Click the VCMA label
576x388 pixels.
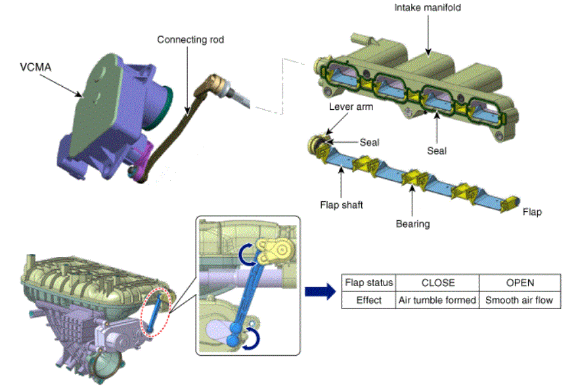tap(35, 67)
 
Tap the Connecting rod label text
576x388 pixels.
tap(190, 39)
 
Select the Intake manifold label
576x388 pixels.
tap(428, 8)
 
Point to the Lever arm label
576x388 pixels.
tap(351, 107)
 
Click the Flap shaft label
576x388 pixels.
tap(342, 205)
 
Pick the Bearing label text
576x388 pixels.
tap(412, 224)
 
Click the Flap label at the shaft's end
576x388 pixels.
tap(532, 212)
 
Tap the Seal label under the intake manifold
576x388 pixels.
tap(437, 151)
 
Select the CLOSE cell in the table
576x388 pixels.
tap(437, 282)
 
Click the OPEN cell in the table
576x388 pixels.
tap(520, 282)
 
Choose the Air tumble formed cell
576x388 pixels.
tap(437, 300)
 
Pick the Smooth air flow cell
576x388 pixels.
tap(520, 300)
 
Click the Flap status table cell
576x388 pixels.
tap(369, 282)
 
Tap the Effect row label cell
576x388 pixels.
tap(369, 300)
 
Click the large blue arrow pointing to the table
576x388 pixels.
tap(321, 291)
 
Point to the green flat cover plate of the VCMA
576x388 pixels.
tap(97, 104)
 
